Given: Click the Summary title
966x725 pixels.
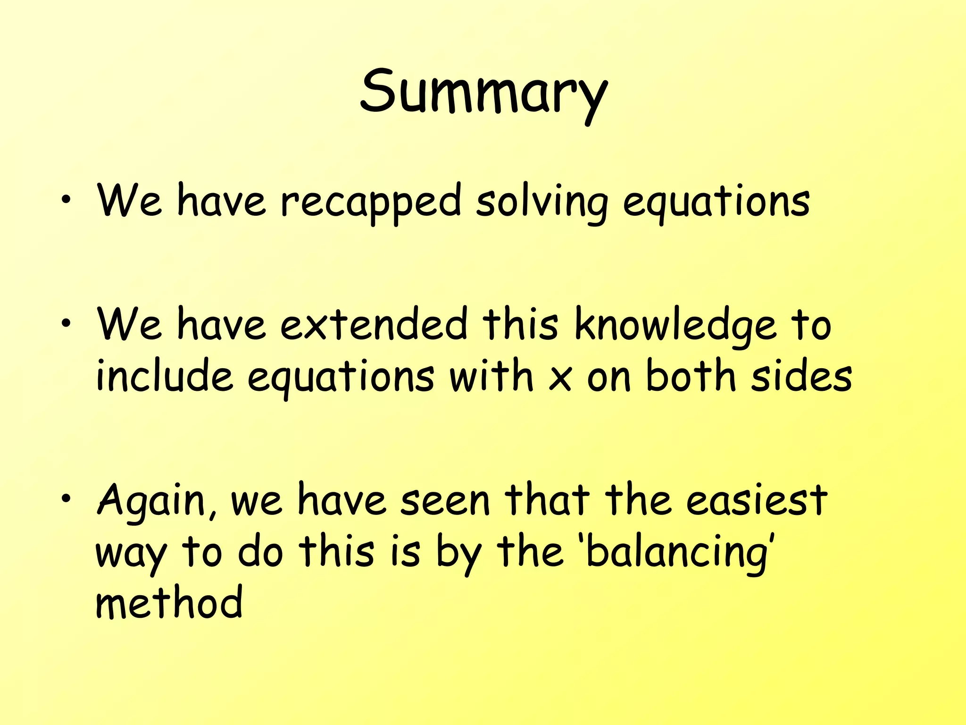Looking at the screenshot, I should click(483, 92).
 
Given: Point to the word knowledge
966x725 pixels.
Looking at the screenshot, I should click(675, 326).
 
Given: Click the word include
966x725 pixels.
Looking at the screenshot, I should click(165, 376).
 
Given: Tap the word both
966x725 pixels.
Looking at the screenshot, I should click(691, 376).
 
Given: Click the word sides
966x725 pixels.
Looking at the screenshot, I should click(801, 376).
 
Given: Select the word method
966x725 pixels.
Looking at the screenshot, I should click(169, 603).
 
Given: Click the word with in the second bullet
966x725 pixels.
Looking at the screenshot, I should click(491, 376).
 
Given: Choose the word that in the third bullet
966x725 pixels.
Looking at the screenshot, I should click(547, 500).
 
